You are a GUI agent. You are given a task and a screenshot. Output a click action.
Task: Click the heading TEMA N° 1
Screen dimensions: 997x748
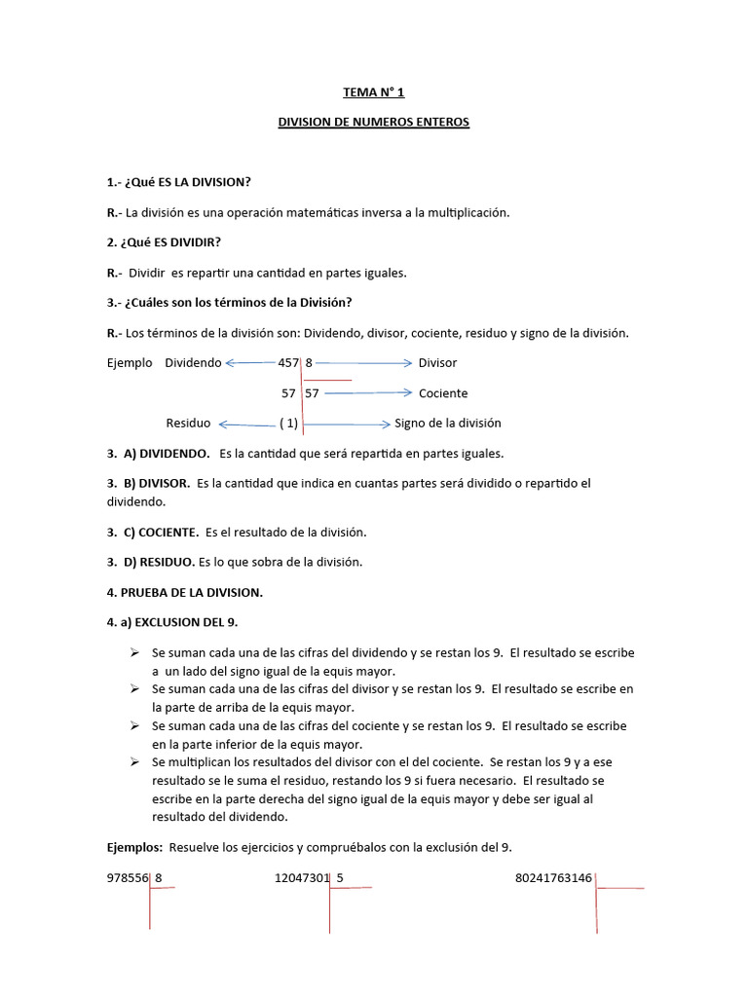[373, 92]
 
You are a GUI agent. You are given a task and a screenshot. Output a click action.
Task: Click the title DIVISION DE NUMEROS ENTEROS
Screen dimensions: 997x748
[374, 123]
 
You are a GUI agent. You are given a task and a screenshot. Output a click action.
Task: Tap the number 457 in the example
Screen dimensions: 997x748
[288, 363]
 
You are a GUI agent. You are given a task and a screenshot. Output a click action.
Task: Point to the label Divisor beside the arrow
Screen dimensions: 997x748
[437, 363]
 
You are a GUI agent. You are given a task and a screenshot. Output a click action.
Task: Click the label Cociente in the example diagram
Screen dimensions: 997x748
[443, 393]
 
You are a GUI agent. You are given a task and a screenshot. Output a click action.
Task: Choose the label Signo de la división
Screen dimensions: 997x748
[448, 424]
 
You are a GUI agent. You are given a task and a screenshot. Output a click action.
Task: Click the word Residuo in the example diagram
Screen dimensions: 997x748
[188, 424]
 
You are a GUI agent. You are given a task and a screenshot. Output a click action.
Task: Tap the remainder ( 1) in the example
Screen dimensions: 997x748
[288, 424]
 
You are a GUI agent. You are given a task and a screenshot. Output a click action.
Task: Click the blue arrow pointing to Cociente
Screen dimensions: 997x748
[368, 393]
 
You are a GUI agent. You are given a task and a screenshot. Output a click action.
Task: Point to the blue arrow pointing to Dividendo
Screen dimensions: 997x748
[250, 363]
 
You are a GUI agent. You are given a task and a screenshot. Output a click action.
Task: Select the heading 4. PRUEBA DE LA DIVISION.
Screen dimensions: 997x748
[185, 592]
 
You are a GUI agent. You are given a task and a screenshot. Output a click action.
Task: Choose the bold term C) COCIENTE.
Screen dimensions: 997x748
[161, 533]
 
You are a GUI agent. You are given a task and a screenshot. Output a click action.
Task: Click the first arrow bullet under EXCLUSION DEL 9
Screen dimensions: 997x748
[137, 652]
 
